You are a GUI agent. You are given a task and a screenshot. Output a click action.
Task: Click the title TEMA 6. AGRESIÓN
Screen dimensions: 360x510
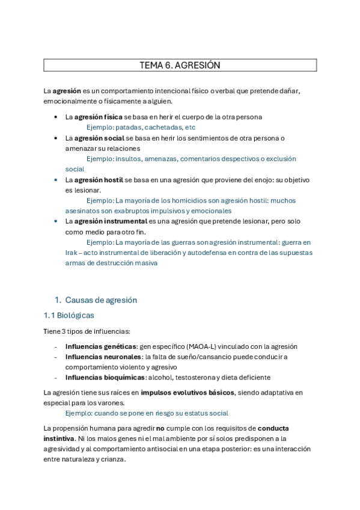180,65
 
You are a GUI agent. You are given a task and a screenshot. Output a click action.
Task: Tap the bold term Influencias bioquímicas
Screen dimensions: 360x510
105,377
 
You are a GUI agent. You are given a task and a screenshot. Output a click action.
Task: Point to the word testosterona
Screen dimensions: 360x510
195,377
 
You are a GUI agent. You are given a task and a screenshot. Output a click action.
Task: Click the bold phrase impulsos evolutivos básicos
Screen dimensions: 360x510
187,393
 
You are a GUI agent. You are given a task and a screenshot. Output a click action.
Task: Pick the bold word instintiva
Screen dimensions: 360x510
59,438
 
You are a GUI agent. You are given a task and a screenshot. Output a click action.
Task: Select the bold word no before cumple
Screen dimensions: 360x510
160,428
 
